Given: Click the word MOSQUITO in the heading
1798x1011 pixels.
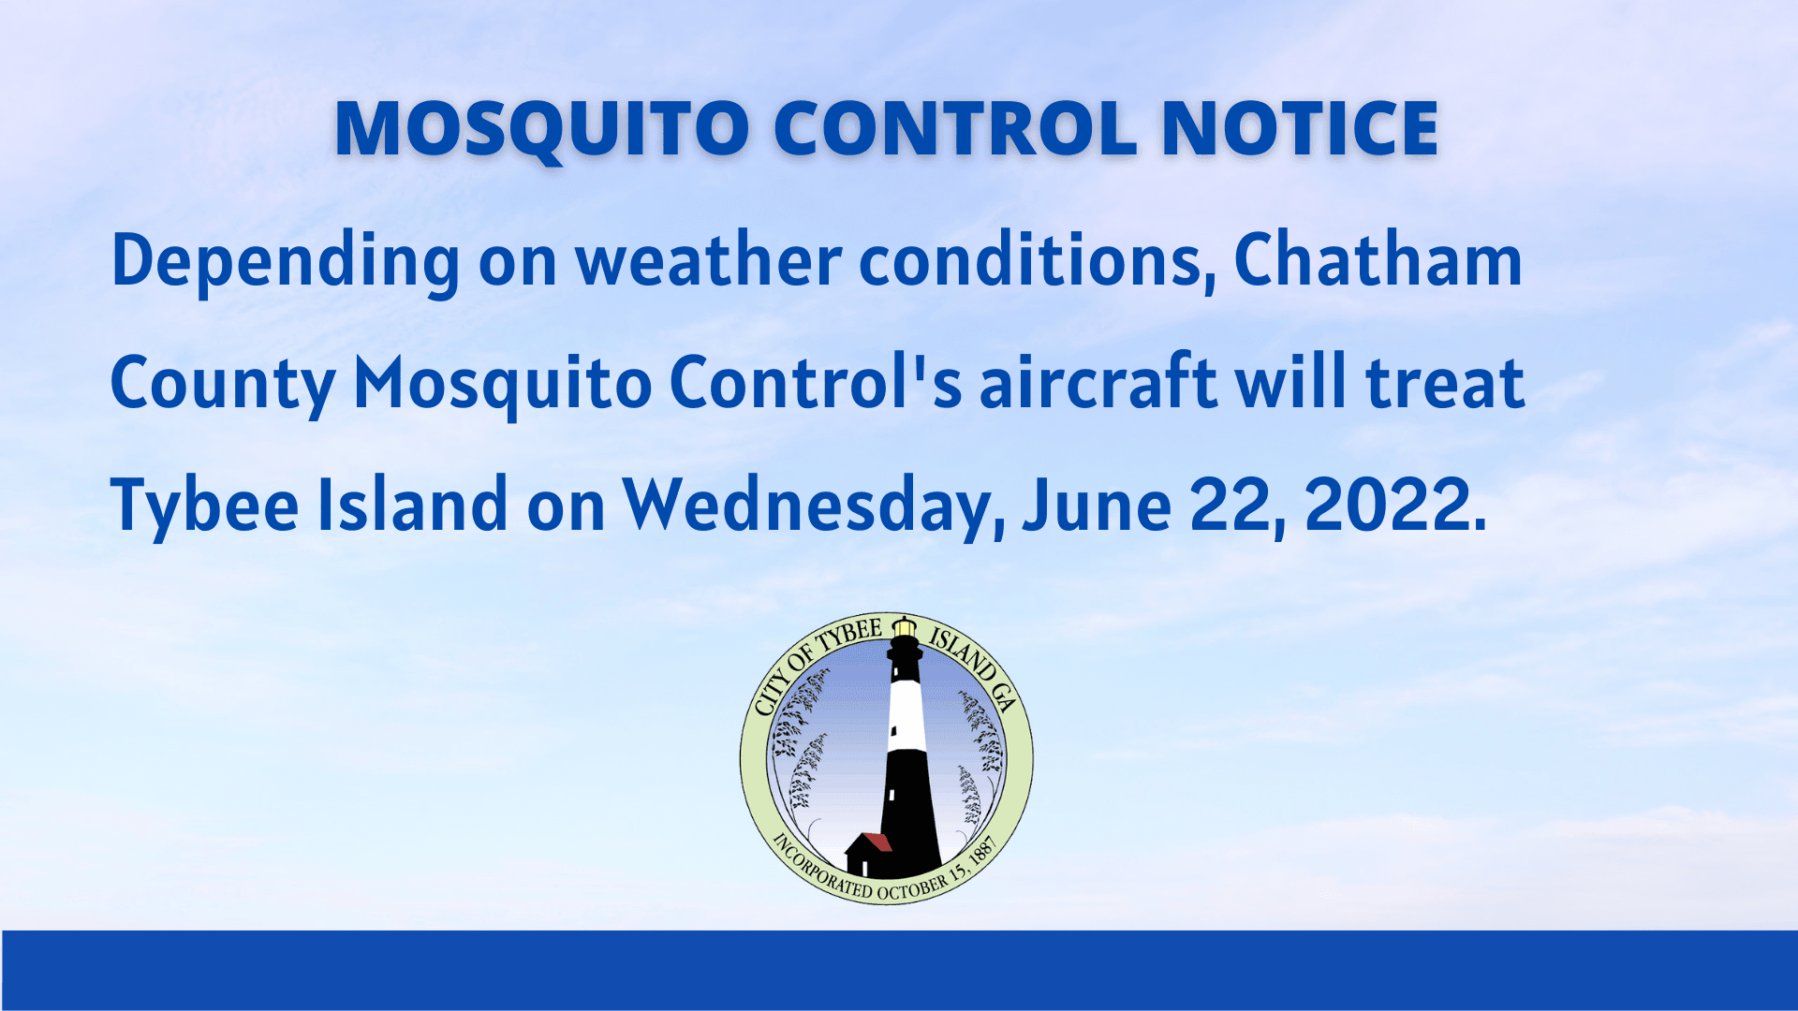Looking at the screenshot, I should tap(541, 129).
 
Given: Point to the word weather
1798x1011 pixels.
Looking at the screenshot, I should tap(709, 260).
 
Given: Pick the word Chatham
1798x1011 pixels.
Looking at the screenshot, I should tap(1378, 260).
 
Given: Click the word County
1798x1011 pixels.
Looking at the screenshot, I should tap(222, 384).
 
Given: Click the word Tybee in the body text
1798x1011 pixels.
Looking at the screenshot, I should tap(204, 506).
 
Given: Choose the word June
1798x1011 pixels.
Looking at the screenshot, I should tap(1097, 505).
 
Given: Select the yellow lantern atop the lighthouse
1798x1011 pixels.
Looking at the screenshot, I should tap(904, 628).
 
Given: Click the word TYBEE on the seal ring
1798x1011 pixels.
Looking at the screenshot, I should tap(850, 637).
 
